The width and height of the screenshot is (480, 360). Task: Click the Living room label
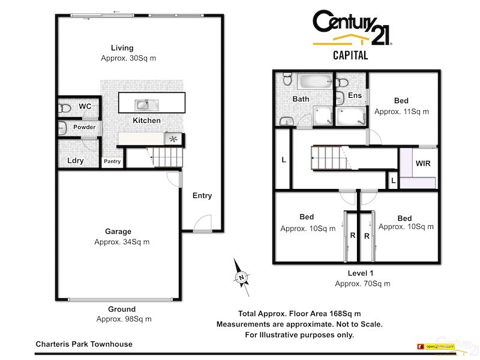(x=122, y=48)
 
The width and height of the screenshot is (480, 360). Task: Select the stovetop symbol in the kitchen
(x=174, y=139)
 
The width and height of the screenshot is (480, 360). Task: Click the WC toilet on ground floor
(x=64, y=108)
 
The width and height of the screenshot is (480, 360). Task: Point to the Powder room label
(x=85, y=127)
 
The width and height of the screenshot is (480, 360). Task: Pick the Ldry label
(x=75, y=160)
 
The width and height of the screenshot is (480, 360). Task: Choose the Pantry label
(x=112, y=161)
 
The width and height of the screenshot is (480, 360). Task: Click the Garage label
(x=118, y=232)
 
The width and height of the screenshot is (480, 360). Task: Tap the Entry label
(x=202, y=196)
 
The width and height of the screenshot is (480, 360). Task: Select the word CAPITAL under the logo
(x=350, y=56)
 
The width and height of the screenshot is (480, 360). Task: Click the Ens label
(x=355, y=96)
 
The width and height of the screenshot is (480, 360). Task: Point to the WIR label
(x=423, y=163)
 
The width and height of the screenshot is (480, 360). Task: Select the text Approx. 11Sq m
(x=401, y=112)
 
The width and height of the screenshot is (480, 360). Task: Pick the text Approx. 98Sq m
(x=124, y=319)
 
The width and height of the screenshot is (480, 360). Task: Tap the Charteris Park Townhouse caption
(x=83, y=344)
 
